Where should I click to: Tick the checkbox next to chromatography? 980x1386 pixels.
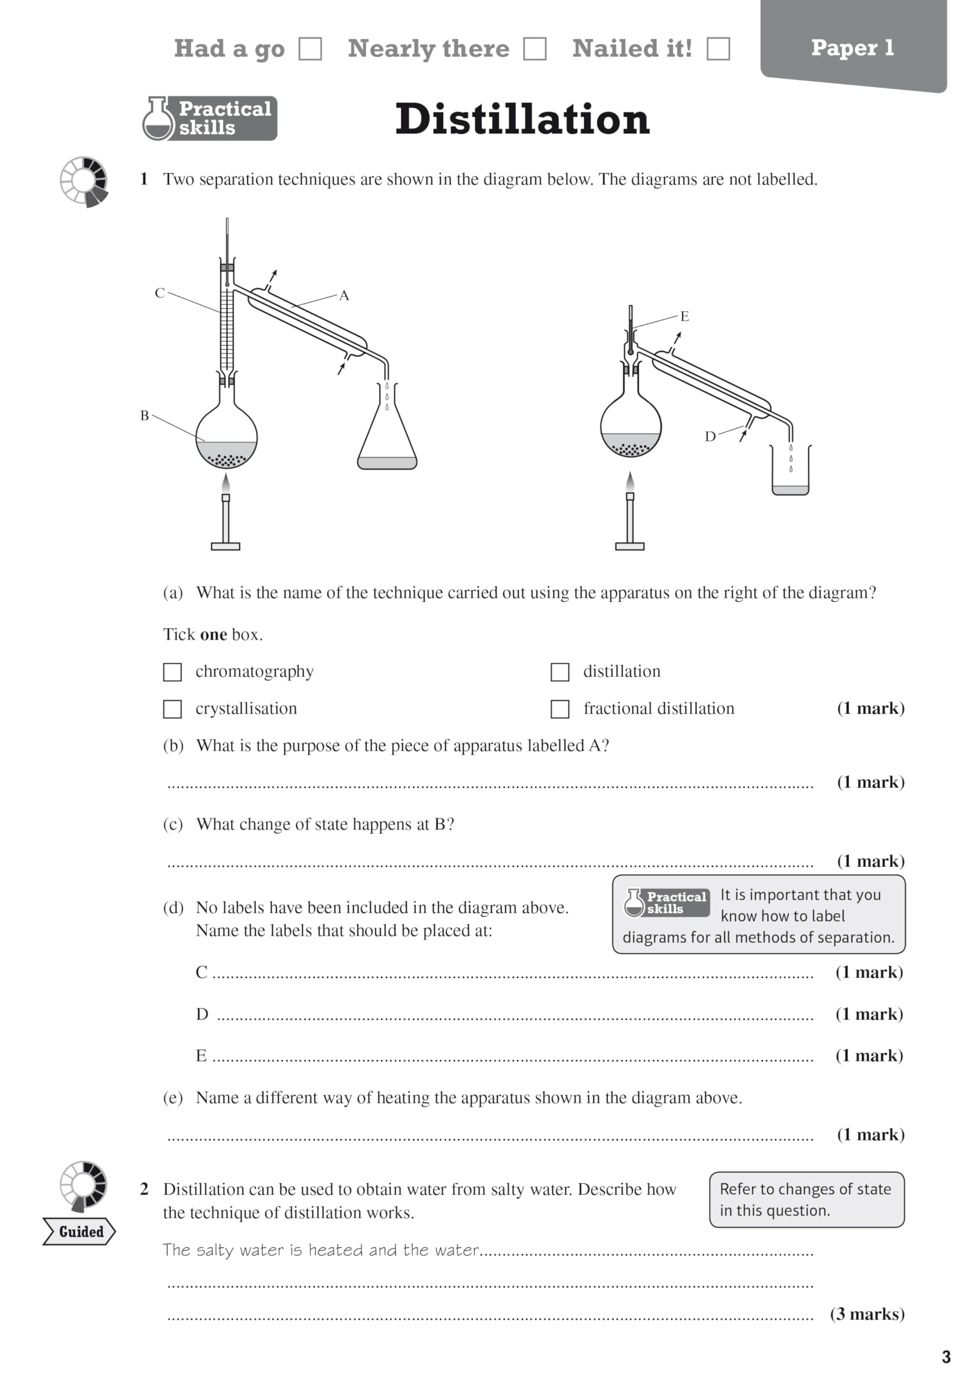coord(173,672)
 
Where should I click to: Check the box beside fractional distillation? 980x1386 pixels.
coord(560,709)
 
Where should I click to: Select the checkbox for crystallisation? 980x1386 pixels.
coord(173,709)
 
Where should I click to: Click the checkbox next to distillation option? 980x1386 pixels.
coord(560,672)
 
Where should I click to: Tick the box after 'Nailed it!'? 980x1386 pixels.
coord(718,49)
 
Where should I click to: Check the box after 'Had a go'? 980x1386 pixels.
coord(310,49)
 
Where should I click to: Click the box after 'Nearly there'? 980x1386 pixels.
coord(534,49)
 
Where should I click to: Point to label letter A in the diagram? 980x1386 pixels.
coord(344,295)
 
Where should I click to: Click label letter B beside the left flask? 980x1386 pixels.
coord(145,415)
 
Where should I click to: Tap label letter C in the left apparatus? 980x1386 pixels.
coord(159,293)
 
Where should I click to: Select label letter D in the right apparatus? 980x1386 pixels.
coord(710,436)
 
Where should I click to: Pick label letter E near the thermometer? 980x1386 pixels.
coord(684,316)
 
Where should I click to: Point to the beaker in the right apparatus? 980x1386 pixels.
coord(790,474)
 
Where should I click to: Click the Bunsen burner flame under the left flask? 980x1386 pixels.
coord(226,483)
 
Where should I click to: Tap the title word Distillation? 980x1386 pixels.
coord(522,119)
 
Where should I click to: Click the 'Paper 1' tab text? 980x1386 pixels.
coord(852,48)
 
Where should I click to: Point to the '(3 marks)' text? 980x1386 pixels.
coord(867,1314)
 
